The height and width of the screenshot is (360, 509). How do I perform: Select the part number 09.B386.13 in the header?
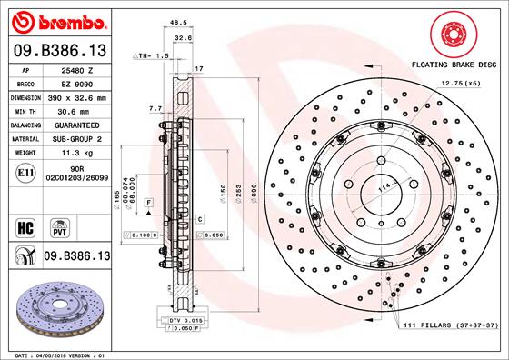(x=59, y=50)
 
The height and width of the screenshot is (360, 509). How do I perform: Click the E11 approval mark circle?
(x=25, y=171)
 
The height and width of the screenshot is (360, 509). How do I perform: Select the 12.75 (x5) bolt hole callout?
(x=460, y=83)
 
